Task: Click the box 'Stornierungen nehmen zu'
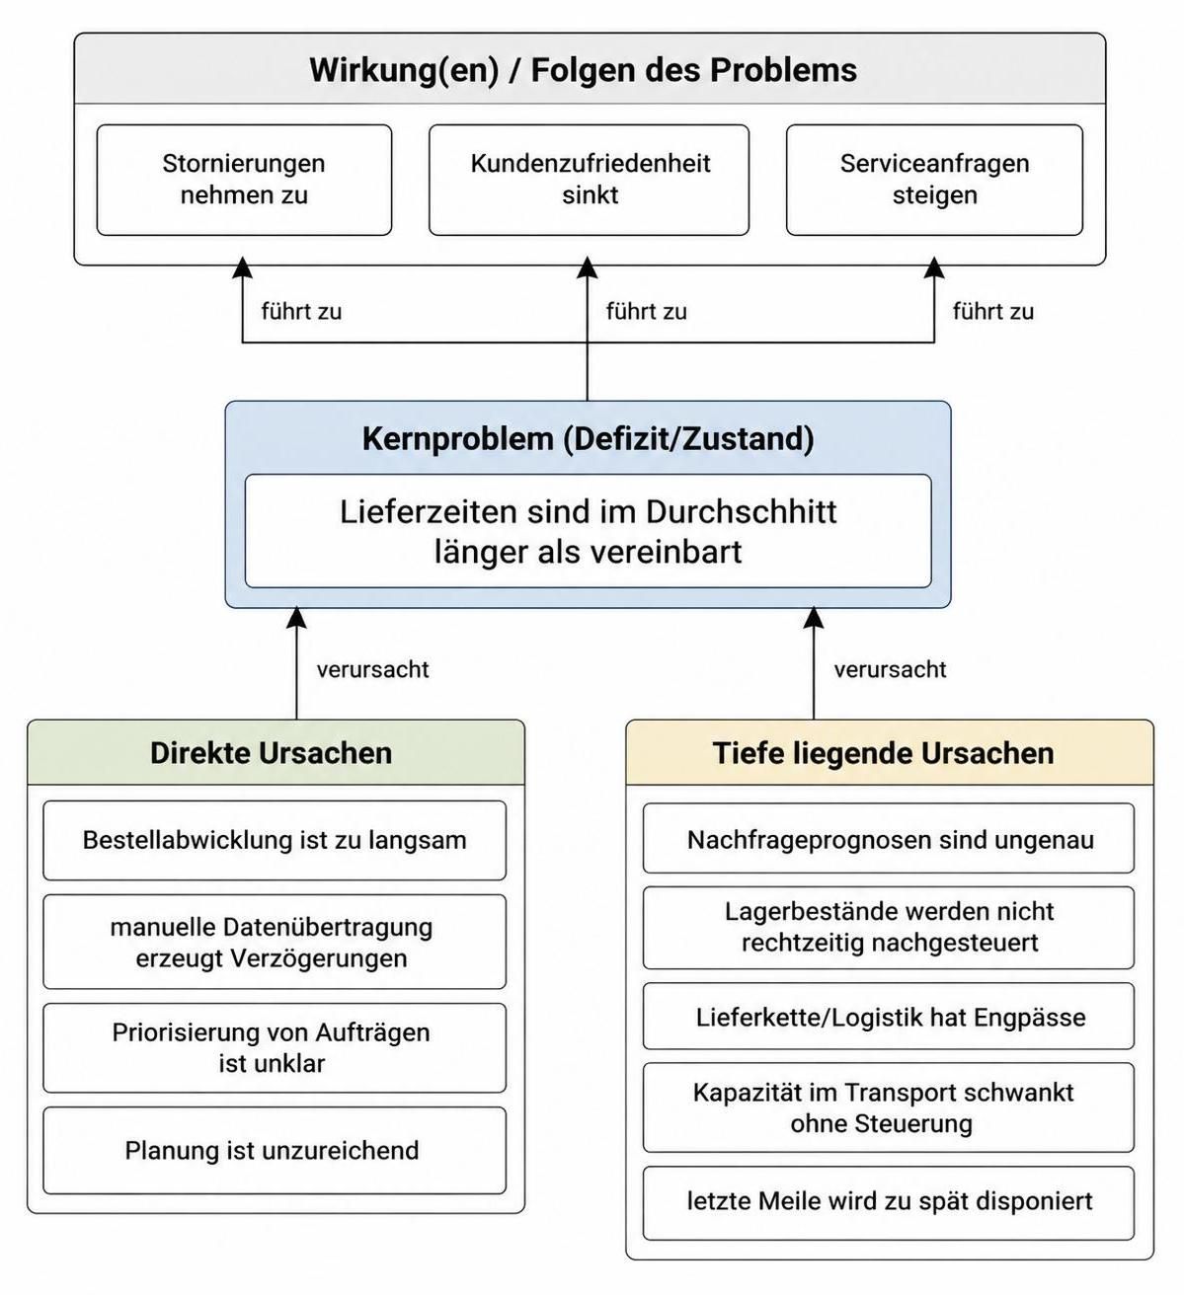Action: (x=244, y=180)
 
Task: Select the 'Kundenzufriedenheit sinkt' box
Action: (x=590, y=180)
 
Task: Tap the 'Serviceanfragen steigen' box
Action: (x=934, y=180)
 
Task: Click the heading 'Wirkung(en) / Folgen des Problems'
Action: (x=584, y=70)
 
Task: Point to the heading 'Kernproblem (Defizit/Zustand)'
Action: (x=588, y=439)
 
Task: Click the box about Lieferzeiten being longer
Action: (x=588, y=531)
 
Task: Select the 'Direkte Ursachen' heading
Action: (x=272, y=753)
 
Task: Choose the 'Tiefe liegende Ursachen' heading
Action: (x=883, y=753)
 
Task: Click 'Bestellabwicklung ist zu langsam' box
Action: (x=275, y=841)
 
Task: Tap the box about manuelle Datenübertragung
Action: (x=275, y=942)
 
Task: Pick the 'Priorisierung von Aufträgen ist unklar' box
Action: (x=275, y=1048)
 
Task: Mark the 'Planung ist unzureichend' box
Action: (x=275, y=1150)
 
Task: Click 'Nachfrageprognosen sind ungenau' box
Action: (x=889, y=839)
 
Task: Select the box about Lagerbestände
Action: (x=889, y=928)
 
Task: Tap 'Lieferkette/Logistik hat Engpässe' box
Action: (x=889, y=1016)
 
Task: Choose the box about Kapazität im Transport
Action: (x=889, y=1107)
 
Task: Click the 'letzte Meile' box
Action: (x=889, y=1203)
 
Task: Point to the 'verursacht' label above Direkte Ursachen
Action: (x=372, y=669)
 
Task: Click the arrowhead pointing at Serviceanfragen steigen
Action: (x=934, y=267)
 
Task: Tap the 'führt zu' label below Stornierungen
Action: (x=301, y=312)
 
